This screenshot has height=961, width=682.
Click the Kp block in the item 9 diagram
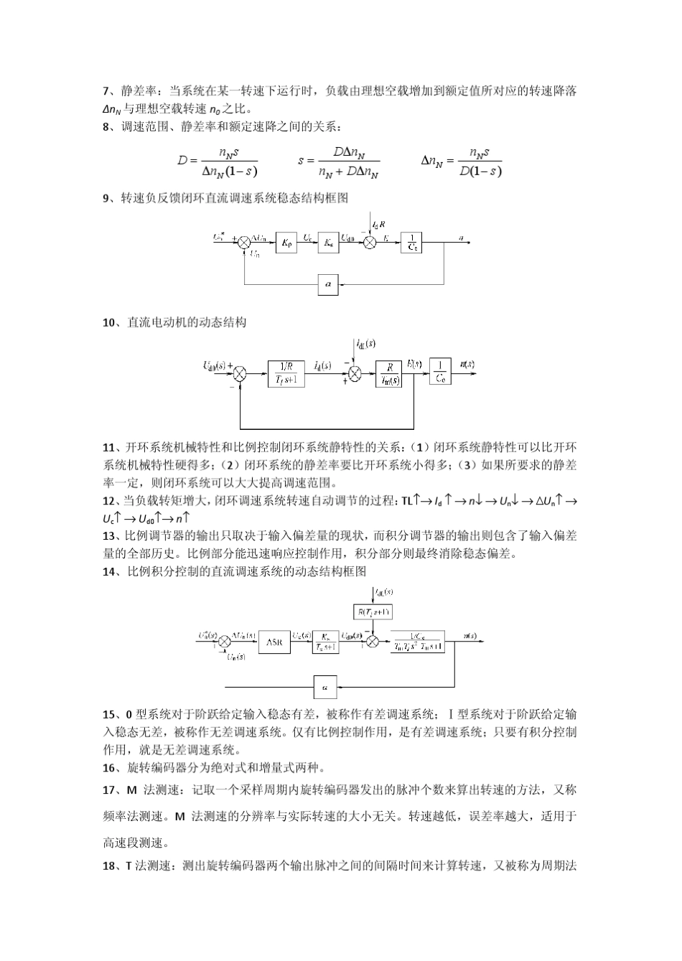[286, 244]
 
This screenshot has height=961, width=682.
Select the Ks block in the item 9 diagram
[328, 244]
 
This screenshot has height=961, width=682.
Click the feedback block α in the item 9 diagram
[328, 285]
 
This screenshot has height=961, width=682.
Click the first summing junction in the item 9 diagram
[244, 243]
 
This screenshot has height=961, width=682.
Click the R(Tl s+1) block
[374, 612]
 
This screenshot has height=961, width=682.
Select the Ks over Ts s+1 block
[327, 642]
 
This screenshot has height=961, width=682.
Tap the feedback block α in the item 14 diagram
[324, 687]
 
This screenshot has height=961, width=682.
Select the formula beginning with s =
[338, 162]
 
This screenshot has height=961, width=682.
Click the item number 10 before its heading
[111, 323]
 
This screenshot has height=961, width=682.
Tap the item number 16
[111, 768]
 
